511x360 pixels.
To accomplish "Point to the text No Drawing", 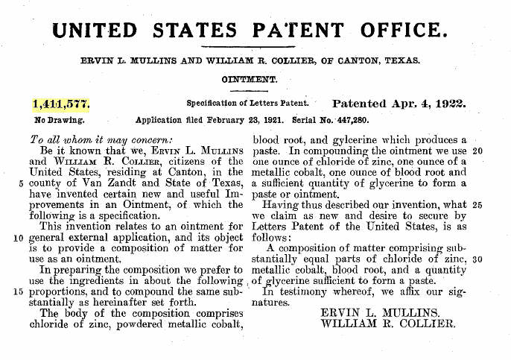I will point(60,119).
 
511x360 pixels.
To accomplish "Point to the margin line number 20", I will point(478,150).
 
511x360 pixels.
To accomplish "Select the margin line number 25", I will point(478,203).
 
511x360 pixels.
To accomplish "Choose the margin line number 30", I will point(478,259).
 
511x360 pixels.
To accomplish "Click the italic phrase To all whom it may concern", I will point(99,139).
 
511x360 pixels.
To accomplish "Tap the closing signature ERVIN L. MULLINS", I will point(382,312).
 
